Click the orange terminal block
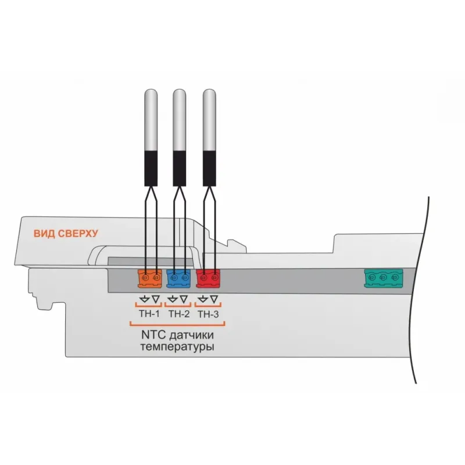point(150,278)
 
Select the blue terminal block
point(178,278)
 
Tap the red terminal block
point(208,278)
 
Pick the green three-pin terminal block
point(384,278)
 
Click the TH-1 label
point(149,314)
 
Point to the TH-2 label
point(179,314)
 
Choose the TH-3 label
point(208,314)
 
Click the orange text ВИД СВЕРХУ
point(66,234)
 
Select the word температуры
point(177,347)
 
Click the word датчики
point(191,335)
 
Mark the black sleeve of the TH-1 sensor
point(151,169)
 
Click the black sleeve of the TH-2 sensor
point(180,169)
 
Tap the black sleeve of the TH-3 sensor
point(209,169)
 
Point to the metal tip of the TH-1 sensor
point(151,120)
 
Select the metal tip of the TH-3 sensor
point(209,120)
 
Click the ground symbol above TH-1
point(144,299)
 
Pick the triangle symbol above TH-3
point(214,299)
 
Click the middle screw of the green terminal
point(383,278)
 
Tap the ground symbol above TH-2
point(173,299)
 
